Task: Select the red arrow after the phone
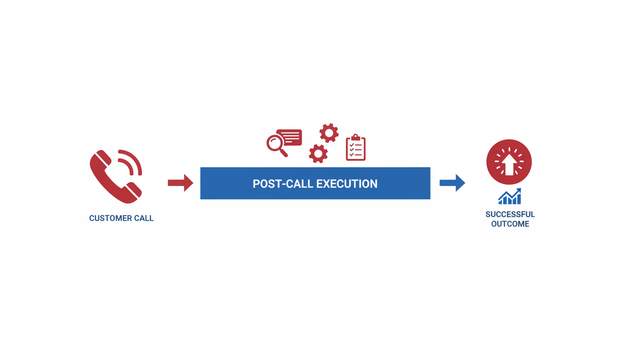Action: (180, 183)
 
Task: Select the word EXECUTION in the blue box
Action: (347, 184)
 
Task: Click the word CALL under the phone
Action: (144, 218)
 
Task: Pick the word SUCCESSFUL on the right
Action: (510, 214)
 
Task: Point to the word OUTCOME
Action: (510, 224)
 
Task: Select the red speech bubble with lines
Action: (290, 137)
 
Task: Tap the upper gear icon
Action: (329, 134)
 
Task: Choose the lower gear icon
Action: (318, 153)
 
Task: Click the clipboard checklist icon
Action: (356, 149)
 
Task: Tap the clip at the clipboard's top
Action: (356, 137)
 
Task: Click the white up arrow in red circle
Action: (509, 164)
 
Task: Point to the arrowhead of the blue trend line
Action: (518, 191)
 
